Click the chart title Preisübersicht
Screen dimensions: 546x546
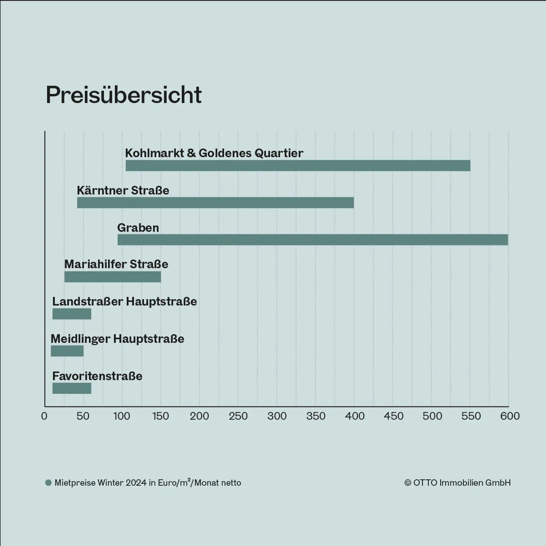tap(124, 95)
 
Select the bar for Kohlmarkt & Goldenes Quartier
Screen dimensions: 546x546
tap(298, 166)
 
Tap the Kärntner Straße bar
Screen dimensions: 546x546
tap(215, 203)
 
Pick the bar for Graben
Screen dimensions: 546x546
tap(313, 240)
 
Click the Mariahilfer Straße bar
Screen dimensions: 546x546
tap(113, 277)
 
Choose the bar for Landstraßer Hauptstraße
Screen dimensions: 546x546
tap(72, 314)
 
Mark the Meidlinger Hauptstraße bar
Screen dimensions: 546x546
tap(67, 351)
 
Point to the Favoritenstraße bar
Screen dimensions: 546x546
tap(72, 388)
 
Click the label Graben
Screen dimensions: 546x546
tap(138, 228)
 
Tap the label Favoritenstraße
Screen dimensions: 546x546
tap(97, 376)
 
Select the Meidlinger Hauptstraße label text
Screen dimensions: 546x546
tap(117, 339)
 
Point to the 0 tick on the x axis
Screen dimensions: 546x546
tap(44, 416)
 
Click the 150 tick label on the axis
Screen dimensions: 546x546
tap(160, 416)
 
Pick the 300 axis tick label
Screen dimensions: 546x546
tap(277, 416)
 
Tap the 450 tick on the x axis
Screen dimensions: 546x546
tap(393, 416)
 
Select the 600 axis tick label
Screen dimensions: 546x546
tap(510, 416)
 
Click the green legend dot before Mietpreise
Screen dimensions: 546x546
tap(49, 483)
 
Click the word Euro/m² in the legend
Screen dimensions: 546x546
tap(174, 482)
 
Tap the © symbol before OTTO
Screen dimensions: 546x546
tap(408, 483)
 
